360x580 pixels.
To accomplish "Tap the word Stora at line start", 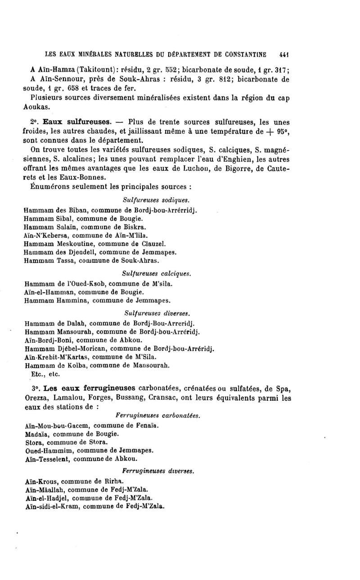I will tap(33, 442).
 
